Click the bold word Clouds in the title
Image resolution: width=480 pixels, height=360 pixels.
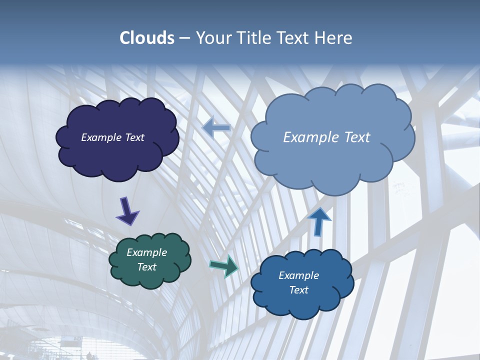[147, 38]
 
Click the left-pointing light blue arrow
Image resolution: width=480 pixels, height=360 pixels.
[216, 127]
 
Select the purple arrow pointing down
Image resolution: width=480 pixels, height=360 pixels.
[127, 211]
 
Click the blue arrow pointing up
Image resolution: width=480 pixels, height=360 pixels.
[319, 221]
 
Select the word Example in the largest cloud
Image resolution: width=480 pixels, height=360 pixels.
[311, 137]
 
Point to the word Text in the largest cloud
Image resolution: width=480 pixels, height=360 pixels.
[357, 137]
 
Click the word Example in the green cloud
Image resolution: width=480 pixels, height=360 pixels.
[147, 252]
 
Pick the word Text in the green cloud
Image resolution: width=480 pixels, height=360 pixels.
[147, 267]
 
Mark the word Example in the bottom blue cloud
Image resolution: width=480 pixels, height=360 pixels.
[298, 275]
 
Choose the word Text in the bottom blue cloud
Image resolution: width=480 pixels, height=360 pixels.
[298, 290]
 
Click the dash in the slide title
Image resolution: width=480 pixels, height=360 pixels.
[185, 38]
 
